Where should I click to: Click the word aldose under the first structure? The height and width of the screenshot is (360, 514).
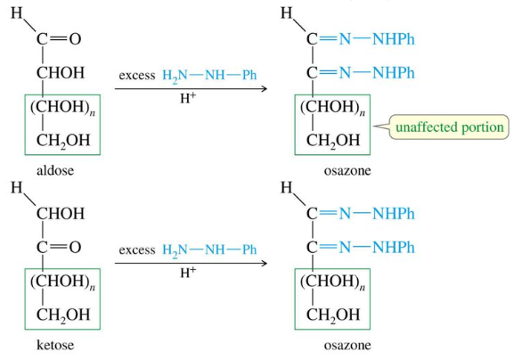pos(55,170)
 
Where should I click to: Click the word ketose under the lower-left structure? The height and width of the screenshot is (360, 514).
pos(55,345)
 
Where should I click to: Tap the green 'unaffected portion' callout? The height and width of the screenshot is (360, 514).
pos(449,127)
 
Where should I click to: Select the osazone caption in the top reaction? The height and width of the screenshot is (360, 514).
pos(347,170)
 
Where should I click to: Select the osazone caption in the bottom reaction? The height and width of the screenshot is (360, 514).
pos(347,345)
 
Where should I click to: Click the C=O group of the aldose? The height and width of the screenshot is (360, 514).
pos(59,39)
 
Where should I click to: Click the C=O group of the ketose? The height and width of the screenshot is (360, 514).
pos(59,247)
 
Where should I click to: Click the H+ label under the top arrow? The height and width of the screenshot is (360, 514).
pos(188,98)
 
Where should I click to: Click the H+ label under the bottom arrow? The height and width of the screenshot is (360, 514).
pos(188,272)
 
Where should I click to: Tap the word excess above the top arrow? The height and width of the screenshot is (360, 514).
pos(137,76)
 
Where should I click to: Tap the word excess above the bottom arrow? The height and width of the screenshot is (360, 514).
pos(137,250)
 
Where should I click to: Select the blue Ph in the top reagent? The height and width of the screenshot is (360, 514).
pos(249,75)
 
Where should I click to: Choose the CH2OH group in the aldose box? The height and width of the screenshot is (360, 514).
pos(63,140)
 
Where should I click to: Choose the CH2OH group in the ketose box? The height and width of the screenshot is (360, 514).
pos(63,315)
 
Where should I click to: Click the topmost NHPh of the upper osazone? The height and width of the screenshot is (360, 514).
pos(394,39)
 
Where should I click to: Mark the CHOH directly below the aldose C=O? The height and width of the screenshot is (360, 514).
pos(61,72)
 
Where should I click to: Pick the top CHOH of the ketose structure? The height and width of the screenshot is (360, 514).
pos(61,214)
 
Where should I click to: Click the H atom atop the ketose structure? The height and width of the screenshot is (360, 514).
pos(17,187)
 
